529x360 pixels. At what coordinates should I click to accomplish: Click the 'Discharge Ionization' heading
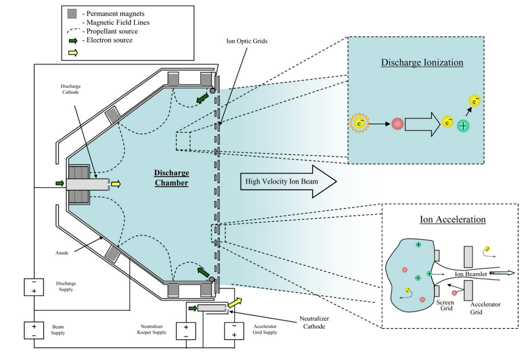tap(422, 63)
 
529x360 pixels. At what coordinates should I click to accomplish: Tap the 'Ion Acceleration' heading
tap(453, 220)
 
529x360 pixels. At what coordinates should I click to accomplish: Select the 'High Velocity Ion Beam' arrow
tap(288, 181)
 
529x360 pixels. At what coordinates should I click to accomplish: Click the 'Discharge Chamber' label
tap(172, 178)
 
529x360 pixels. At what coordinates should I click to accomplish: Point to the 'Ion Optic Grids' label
tap(247, 41)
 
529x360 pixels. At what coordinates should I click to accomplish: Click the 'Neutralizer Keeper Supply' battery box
tap(185, 331)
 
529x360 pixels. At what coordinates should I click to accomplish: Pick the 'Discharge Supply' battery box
tap(34, 287)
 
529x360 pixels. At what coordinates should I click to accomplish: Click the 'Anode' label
tap(63, 253)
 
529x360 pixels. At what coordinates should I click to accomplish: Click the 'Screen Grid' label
tap(445, 306)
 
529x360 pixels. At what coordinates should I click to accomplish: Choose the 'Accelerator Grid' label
tap(485, 308)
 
